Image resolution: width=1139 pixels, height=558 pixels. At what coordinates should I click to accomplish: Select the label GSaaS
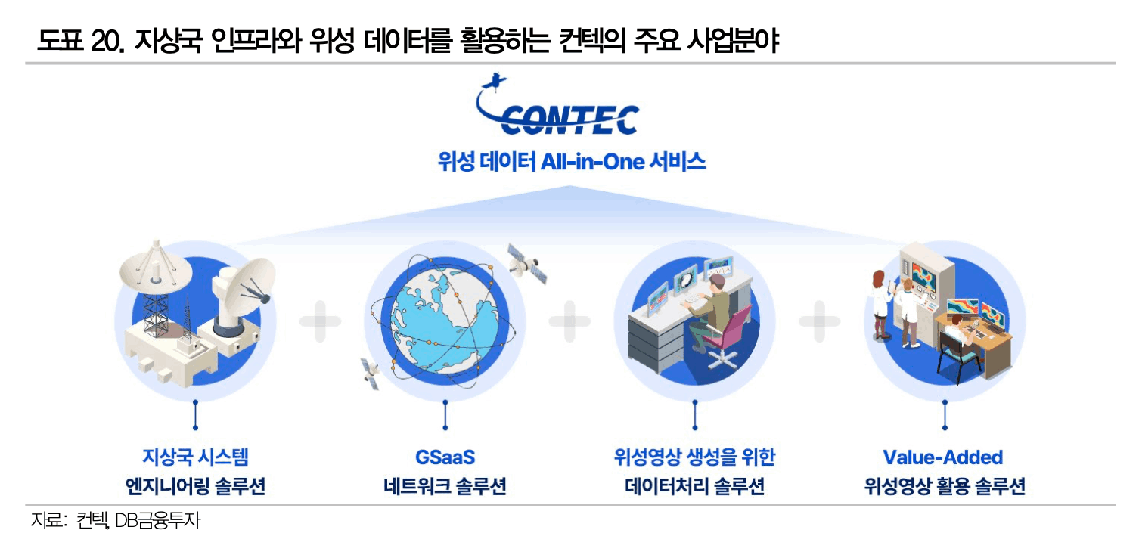(x=445, y=457)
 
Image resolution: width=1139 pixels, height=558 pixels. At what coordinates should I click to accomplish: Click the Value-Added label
(x=943, y=457)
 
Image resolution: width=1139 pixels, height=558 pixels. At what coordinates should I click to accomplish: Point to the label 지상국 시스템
(x=195, y=457)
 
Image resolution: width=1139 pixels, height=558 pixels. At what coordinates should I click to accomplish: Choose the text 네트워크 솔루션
(x=445, y=486)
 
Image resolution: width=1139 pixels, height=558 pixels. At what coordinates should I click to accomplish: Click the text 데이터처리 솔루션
(x=694, y=486)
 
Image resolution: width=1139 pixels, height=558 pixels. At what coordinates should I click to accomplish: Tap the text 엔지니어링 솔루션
(x=195, y=486)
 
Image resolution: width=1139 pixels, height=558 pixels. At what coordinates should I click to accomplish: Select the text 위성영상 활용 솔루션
(x=945, y=486)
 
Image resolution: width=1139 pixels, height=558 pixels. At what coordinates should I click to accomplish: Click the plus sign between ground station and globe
(x=320, y=321)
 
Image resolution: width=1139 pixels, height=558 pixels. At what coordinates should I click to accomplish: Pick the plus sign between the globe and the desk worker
(x=569, y=321)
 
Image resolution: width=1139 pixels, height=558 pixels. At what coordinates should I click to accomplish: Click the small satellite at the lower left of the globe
(x=371, y=374)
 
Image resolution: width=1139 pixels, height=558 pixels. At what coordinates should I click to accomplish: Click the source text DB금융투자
(x=158, y=520)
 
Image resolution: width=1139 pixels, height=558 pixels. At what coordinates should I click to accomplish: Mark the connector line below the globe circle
(x=445, y=415)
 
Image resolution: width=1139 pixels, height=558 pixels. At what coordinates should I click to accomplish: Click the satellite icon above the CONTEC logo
(x=495, y=82)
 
